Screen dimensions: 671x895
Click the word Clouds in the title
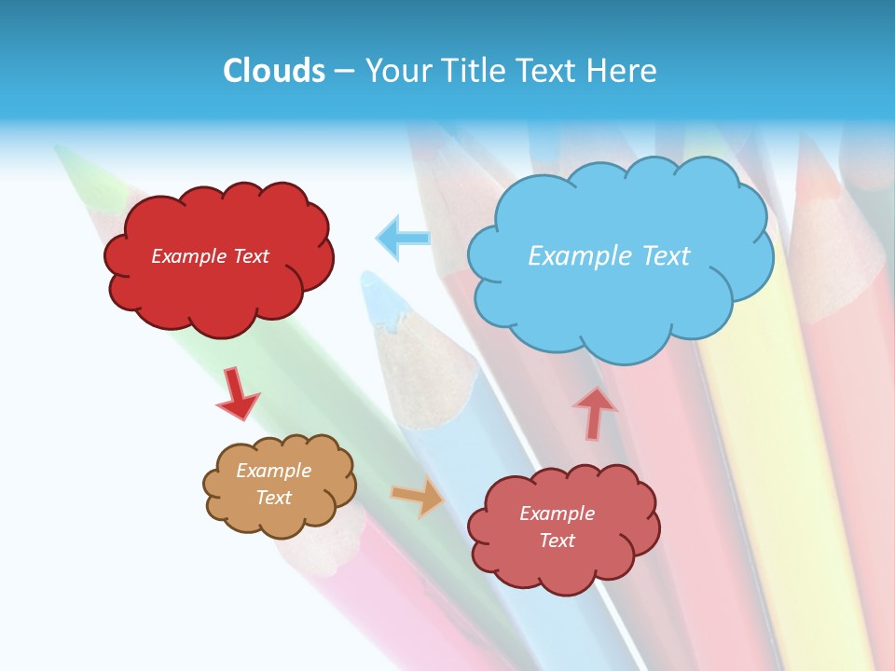[x=274, y=71]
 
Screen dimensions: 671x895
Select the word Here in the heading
[x=624, y=71]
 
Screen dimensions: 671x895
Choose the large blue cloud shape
[x=620, y=298]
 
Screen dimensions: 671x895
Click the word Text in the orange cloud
[x=274, y=498]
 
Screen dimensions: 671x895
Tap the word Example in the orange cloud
[x=274, y=471]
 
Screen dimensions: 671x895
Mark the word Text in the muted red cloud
[x=558, y=541]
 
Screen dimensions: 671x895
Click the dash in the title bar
[x=344, y=71]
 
